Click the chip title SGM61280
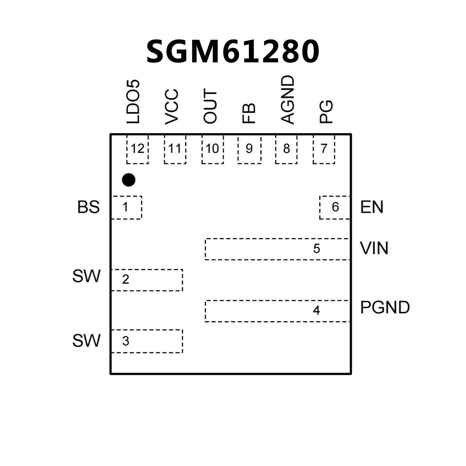(x=233, y=51)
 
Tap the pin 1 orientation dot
(x=128, y=180)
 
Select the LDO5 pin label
(x=133, y=102)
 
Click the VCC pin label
(x=172, y=107)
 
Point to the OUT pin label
(x=210, y=106)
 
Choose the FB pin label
(x=249, y=113)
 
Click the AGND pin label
(x=287, y=100)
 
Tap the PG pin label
(x=326, y=112)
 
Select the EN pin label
(x=372, y=207)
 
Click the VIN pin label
(x=374, y=248)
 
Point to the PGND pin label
(x=385, y=307)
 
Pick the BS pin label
(x=88, y=207)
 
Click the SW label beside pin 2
(x=86, y=276)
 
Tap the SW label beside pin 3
(x=86, y=341)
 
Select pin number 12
(x=137, y=149)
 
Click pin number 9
(x=249, y=149)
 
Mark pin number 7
(x=324, y=149)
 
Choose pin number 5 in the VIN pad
(x=317, y=249)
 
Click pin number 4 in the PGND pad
(x=317, y=310)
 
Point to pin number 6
(x=335, y=207)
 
